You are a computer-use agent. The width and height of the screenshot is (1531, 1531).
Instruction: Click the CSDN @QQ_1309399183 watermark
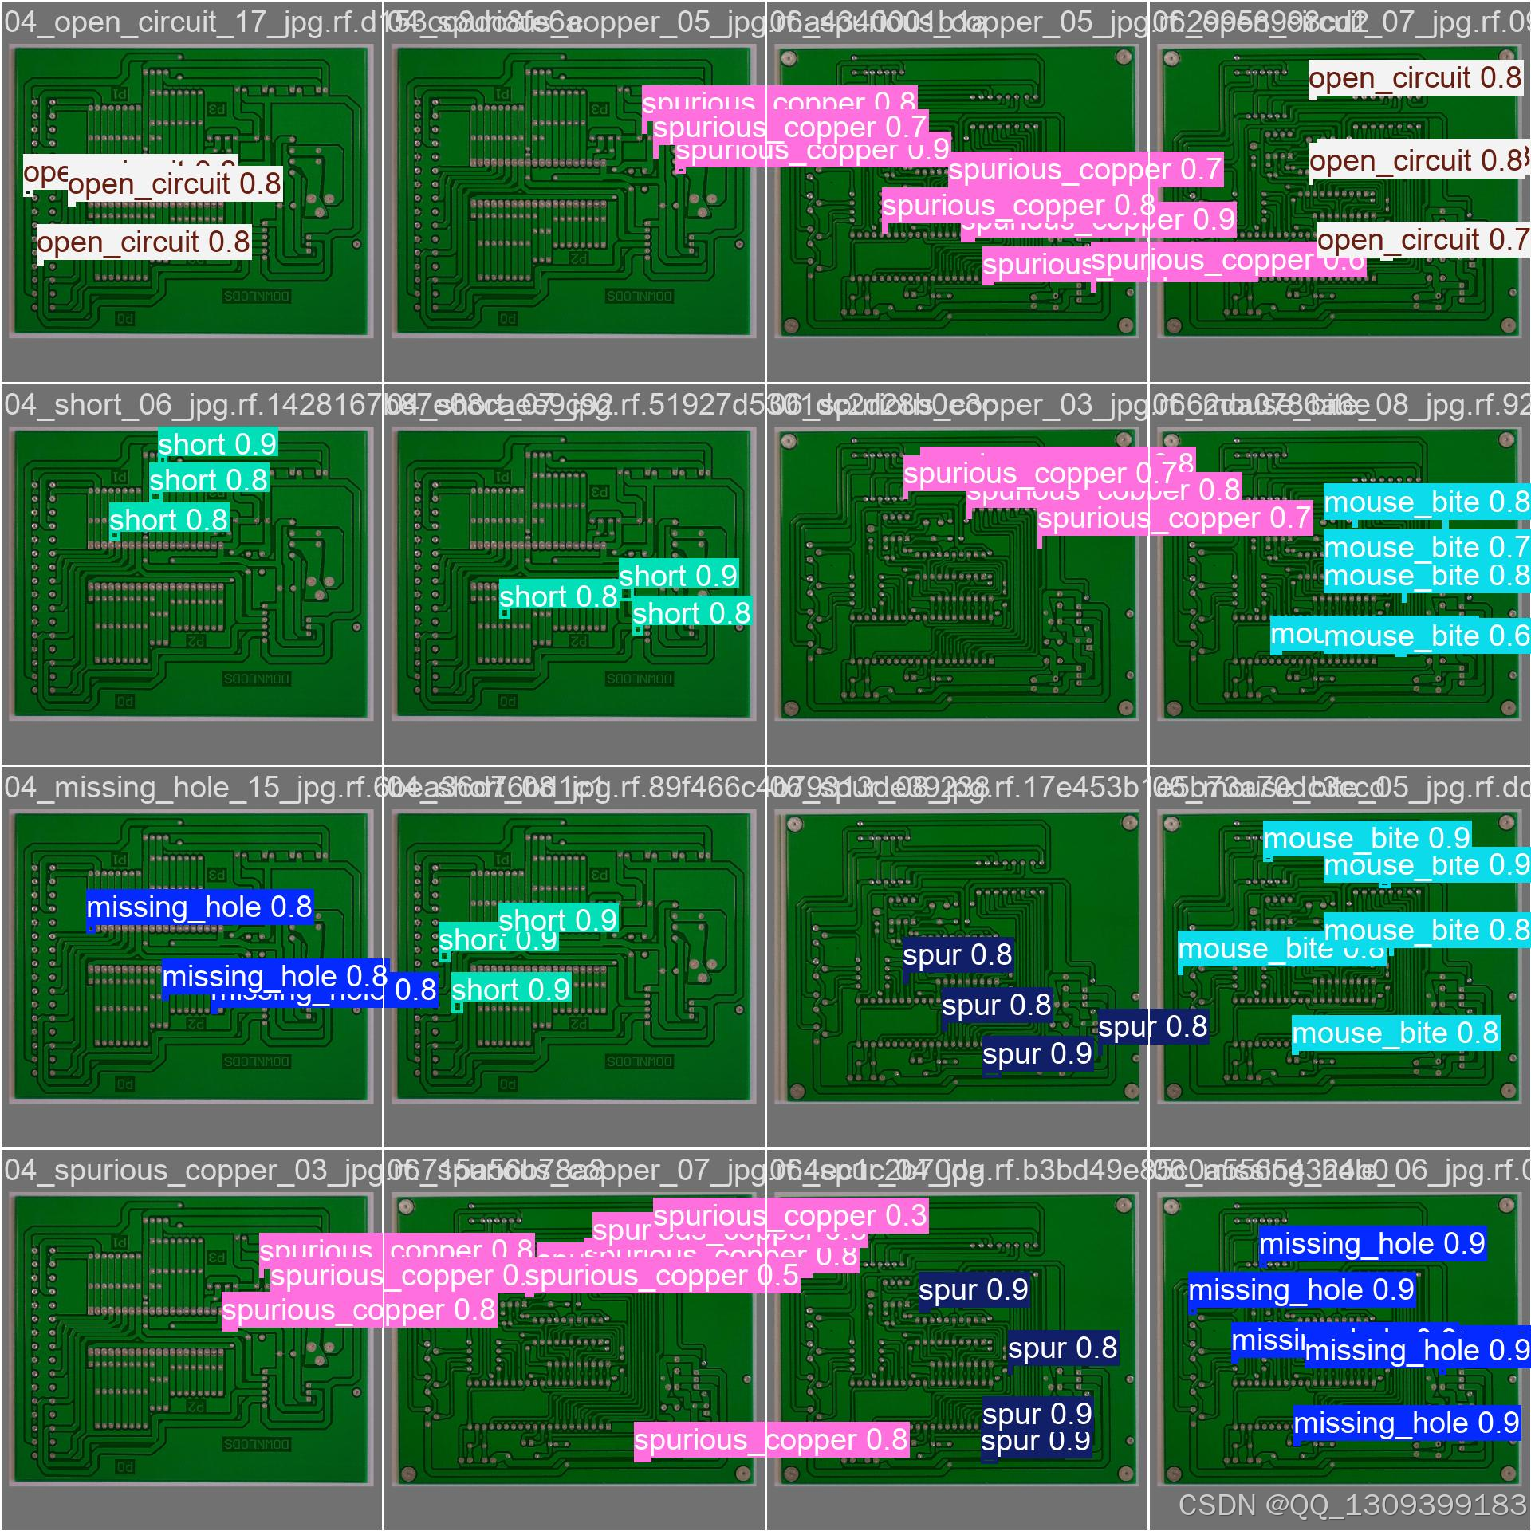[x=1352, y=1505]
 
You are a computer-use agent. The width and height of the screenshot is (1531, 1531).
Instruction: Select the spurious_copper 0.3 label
[x=790, y=1217]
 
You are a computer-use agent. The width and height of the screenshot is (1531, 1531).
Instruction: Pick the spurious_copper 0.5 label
[x=662, y=1277]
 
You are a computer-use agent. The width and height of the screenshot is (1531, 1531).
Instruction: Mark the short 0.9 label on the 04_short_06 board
[x=217, y=444]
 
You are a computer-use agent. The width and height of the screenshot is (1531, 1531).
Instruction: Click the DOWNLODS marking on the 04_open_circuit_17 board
[x=257, y=296]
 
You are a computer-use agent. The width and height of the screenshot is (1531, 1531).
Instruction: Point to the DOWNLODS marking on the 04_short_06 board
[x=257, y=679]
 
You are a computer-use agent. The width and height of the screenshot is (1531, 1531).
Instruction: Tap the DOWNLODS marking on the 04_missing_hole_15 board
[x=257, y=1062]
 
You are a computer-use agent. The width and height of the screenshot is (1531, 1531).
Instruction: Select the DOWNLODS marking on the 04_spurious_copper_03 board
[x=257, y=1445]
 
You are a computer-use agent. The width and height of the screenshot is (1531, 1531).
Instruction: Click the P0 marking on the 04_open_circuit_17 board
[x=125, y=319]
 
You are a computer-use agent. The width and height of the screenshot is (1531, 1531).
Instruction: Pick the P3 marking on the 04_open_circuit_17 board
[x=216, y=109]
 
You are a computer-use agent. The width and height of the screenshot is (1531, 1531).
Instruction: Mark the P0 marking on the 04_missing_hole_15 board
[x=125, y=1084]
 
